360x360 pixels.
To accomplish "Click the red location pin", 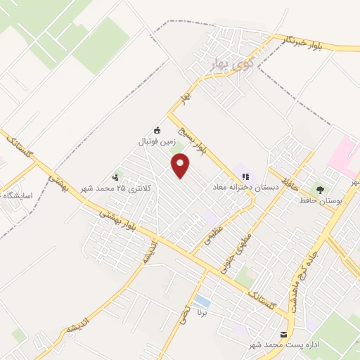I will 181,166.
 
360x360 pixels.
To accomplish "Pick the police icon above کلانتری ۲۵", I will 115,177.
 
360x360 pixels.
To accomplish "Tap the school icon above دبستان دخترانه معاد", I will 245,177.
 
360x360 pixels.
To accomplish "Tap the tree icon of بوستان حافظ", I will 321,190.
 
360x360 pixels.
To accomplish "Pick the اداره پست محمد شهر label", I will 284,346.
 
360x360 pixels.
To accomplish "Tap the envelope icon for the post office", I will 284,335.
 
